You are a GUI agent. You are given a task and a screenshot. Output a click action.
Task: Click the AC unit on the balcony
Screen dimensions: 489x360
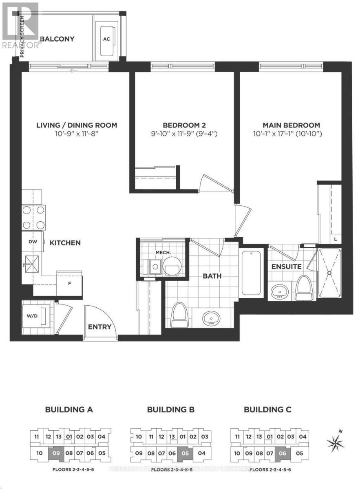(x=107, y=39)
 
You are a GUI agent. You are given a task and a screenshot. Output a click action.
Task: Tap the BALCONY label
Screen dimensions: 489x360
(x=57, y=39)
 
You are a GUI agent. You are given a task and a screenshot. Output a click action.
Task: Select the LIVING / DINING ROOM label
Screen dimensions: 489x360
(x=76, y=125)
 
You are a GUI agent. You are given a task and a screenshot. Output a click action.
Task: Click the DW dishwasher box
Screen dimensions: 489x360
(x=33, y=242)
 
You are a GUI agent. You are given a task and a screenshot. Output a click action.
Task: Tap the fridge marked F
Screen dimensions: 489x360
(x=69, y=282)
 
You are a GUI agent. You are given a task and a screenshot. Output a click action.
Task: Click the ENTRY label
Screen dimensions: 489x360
(x=99, y=326)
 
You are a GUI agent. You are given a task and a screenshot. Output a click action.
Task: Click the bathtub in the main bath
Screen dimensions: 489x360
(x=251, y=273)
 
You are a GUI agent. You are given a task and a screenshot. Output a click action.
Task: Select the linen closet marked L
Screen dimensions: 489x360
(x=335, y=240)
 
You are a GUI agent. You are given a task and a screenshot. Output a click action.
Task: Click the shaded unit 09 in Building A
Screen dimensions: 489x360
(x=56, y=453)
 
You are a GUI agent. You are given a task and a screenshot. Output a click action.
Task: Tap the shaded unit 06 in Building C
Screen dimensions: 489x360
(x=282, y=453)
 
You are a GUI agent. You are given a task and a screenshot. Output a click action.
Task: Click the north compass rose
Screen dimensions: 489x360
(x=336, y=442)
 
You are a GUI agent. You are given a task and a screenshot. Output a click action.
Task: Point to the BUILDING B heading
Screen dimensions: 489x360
(x=171, y=410)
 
